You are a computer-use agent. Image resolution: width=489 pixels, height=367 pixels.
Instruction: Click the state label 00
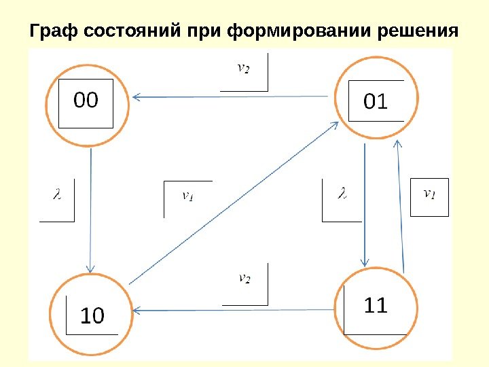pos(86,101)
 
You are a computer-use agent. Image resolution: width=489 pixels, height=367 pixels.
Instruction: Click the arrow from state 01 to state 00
pos(231,97)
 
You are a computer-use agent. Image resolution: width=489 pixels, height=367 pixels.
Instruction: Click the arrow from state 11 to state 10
pos(234,311)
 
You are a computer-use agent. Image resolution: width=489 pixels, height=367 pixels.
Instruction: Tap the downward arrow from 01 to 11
pos(365,204)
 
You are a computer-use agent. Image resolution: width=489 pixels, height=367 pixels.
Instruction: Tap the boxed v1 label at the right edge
pos(430,194)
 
